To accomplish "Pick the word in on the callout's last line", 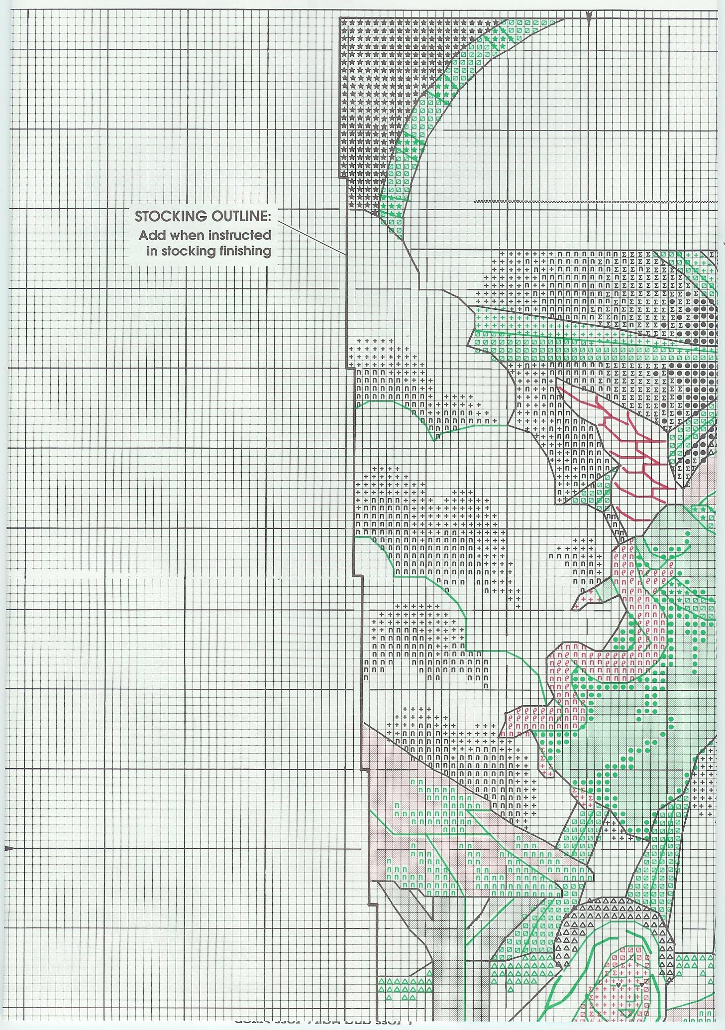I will pyautogui.click(x=152, y=251).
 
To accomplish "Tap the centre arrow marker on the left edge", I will pyautogui.click(x=8, y=848).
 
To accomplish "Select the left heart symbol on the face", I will pyautogui.click(x=618, y=985).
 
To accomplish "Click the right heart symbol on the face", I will pyautogui.click(x=641, y=985).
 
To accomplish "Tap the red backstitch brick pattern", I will pyautogui.click(x=632, y=453).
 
